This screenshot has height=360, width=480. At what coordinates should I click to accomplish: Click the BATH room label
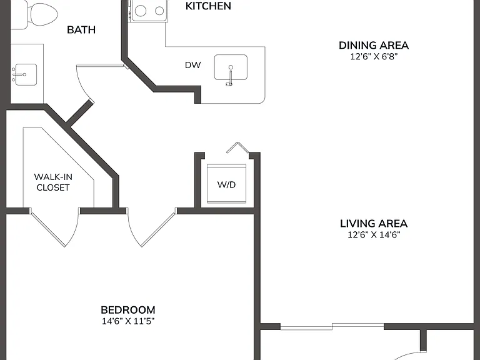pyautogui.click(x=81, y=30)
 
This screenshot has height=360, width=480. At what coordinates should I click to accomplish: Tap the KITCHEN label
pyautogui.click(x=208, y=6)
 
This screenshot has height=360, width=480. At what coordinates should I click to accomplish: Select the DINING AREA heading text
pyautogui.click(x=374, y=45)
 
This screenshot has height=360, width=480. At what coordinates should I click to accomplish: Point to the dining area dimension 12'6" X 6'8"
pyautogui.click(x=374, y=57)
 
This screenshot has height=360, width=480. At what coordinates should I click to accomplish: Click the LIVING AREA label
pyautogui.click(x=374, y=224)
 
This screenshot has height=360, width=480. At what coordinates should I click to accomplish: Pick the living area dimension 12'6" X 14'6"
pyautogui.click(x=374, y=235)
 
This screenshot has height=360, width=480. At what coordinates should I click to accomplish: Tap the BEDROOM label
pyautogui.click(x=128, y=310)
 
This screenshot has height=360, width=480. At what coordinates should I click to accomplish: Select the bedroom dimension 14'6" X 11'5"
pyautogui.click(x=128, y=321)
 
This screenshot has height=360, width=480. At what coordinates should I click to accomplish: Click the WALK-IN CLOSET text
pyautogui.click(x=53, y=182)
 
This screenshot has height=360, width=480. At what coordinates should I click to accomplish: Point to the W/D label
pyautogui.click(x=226, y=184)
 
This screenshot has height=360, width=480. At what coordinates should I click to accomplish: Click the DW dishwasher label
pyautogui.click(x=193, y=65)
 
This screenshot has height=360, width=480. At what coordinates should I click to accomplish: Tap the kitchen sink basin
pyautogui.click(x=231, y=67)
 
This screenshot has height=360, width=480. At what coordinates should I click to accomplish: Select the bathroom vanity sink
pyautogui.click(x=26, y=74)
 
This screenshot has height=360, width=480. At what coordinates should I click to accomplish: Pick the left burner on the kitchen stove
pyautogui.click(x=141, y=11)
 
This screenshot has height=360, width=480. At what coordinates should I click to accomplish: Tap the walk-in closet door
pyautogui.click(x=55, y=228)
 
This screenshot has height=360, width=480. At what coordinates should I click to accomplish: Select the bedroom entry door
pyautogui.click(x=151, y=228)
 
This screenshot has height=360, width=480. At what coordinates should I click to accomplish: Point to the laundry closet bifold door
pyautogui.click(x=238, y=147)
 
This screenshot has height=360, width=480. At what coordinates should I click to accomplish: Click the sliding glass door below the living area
pyautogui.click(x=332, y=327)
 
